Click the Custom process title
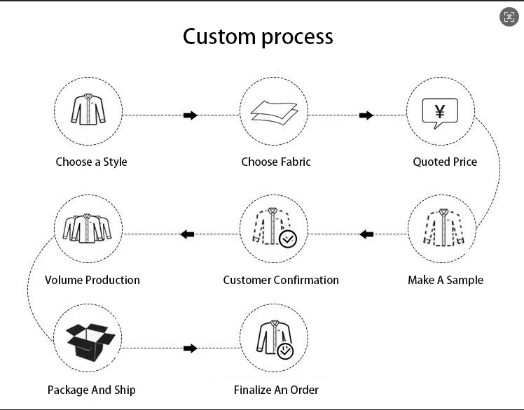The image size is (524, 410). [x=258, y=37]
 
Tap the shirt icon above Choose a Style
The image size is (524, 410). [x=88, y=109]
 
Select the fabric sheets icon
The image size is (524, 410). [x=275, y=113]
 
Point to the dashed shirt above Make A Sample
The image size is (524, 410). [x=444, y=227]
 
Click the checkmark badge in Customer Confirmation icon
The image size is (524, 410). [x=288, y=239]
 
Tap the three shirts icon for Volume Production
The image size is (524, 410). [x=88, y=228]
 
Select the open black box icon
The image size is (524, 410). [x=91, y=341]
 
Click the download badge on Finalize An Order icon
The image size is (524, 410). [x=286, y=351]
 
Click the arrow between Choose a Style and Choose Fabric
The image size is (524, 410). [x=191, y=115]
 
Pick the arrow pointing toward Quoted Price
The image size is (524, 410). [x=366, y=115]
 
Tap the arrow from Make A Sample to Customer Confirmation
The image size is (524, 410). [x=366, y=234]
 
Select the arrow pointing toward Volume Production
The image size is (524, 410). [x=188, y=234]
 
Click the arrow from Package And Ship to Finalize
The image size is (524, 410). [x=191, y=348]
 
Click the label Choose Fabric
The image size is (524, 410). [x=276, y=162]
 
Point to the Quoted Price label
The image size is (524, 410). [x=445, y=162]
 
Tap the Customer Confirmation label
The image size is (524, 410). [x=281, y=280]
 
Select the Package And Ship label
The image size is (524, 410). [x=92, y=390]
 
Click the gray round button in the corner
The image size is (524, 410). [x=509, y=17]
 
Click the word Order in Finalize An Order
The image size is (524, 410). [x=304, y=390]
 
